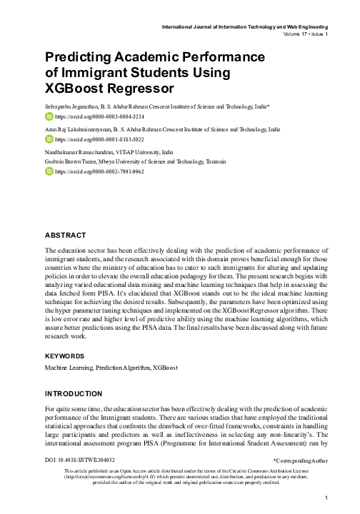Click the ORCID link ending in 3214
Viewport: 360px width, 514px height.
coord(95,115)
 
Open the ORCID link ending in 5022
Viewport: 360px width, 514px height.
coord(95,139)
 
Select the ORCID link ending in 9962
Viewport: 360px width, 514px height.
coord(95,172)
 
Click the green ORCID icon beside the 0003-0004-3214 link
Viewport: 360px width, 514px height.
coord(49,115)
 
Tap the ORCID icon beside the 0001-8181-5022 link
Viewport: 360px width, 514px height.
coord(49,139)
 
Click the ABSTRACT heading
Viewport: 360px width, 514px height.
coord(66,235)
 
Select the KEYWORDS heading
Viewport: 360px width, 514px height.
coord(65,356)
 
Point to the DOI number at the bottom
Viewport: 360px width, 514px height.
coord(79,461)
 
